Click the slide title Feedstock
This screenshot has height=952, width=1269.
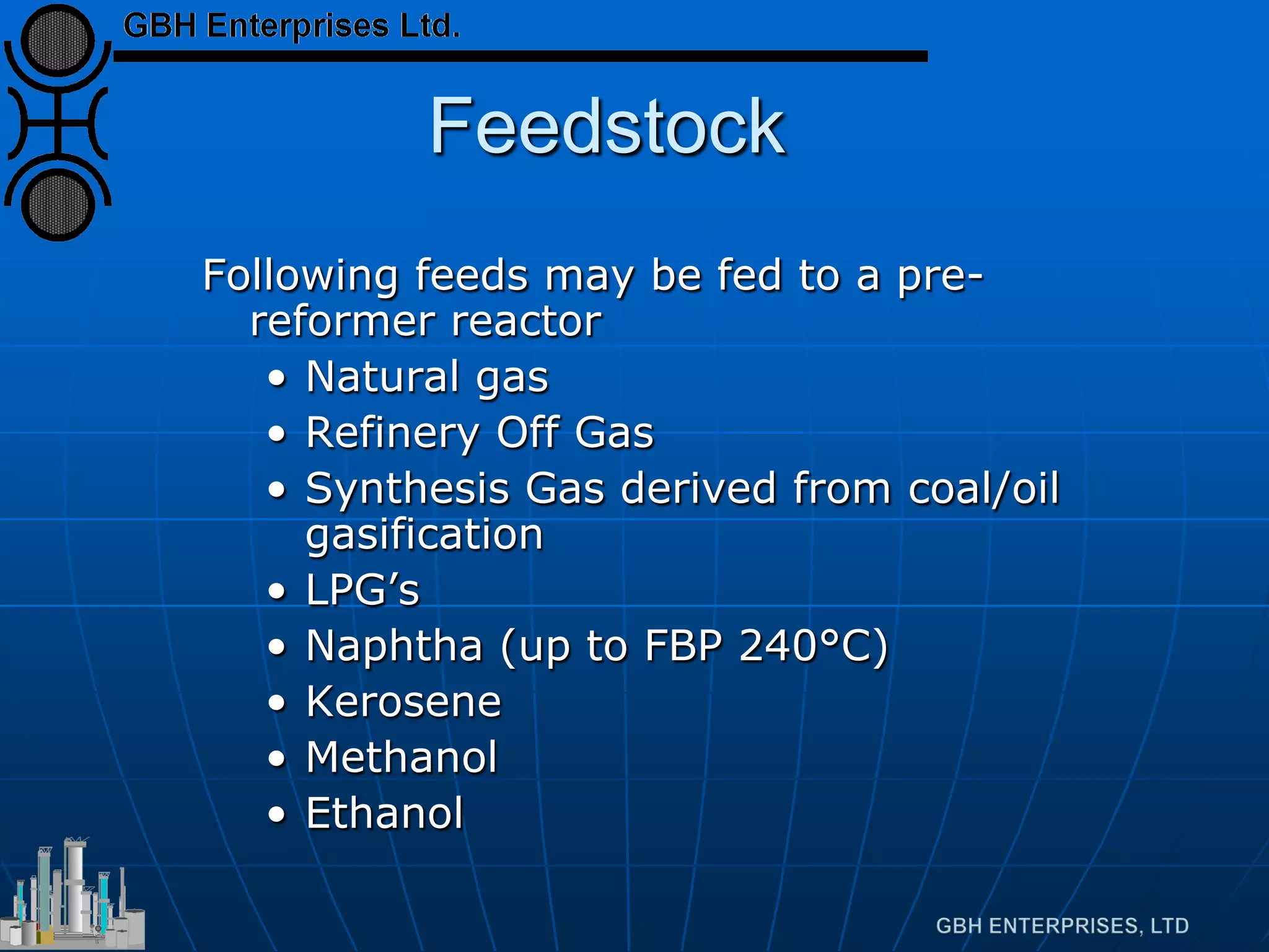(607, 126)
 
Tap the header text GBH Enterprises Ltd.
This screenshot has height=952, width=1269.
(291, 26)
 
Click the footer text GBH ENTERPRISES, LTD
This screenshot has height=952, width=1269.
(1062, 926)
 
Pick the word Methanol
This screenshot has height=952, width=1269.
(402, 757)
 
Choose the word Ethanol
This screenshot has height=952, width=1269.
(384, 813)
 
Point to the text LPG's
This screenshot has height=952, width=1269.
(362, 589)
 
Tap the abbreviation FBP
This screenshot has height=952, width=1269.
(683, 646)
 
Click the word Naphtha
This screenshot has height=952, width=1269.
(394, 646)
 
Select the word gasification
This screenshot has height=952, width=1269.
(424, 534)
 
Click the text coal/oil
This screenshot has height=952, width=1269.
(983, 488)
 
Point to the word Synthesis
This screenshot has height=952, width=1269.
(407, 488)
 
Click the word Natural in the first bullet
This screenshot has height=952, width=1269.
(382, 376)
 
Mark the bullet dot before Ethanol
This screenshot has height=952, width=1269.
(277, 815)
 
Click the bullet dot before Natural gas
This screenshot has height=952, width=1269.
(277, 378)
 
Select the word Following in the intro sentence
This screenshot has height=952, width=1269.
(301, 275)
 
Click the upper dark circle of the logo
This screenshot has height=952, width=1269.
(58, 41)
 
